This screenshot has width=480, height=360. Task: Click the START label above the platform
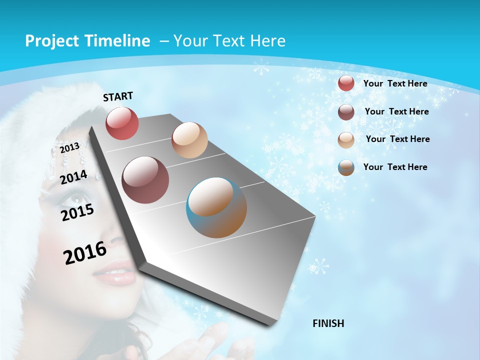coord(118,96)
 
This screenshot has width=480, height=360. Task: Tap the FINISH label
coord(328,323)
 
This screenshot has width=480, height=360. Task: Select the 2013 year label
coord(69,148)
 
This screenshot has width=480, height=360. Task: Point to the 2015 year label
coord(77,212)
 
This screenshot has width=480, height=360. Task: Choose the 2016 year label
coord(85,253)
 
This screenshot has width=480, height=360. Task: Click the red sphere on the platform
coord(122,123)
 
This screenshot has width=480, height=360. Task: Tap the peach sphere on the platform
coord(189,140)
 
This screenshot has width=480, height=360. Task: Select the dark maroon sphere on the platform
coord(145,180)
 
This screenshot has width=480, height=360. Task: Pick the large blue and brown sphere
coord(216,207)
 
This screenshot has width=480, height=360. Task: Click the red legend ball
coord(346,83)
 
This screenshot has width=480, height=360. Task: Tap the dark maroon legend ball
coord(346,112)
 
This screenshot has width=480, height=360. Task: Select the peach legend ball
coord(346,139)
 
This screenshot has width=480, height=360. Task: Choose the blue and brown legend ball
coord(346,167)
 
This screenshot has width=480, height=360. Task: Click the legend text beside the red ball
coord(395,83)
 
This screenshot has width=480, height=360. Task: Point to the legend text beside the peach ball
coord(397,139)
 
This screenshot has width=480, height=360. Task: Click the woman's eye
coord(69,199)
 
